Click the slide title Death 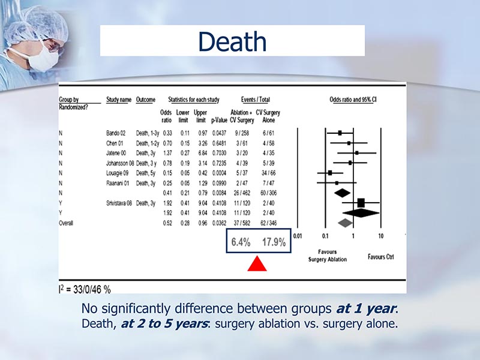click(x=232, y=41)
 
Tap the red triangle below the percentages click(x=257, y=263)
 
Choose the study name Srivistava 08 click(x=121, y=203)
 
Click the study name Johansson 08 click(x=121, y=162)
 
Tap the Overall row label click(x=67, y=223)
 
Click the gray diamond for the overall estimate click(x=344, y=223)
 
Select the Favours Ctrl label click(x=381, y=257)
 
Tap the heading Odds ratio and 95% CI click(x=356, y=99)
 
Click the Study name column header click(x=119, y=99)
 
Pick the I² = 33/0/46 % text click(x=84, y=289)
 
